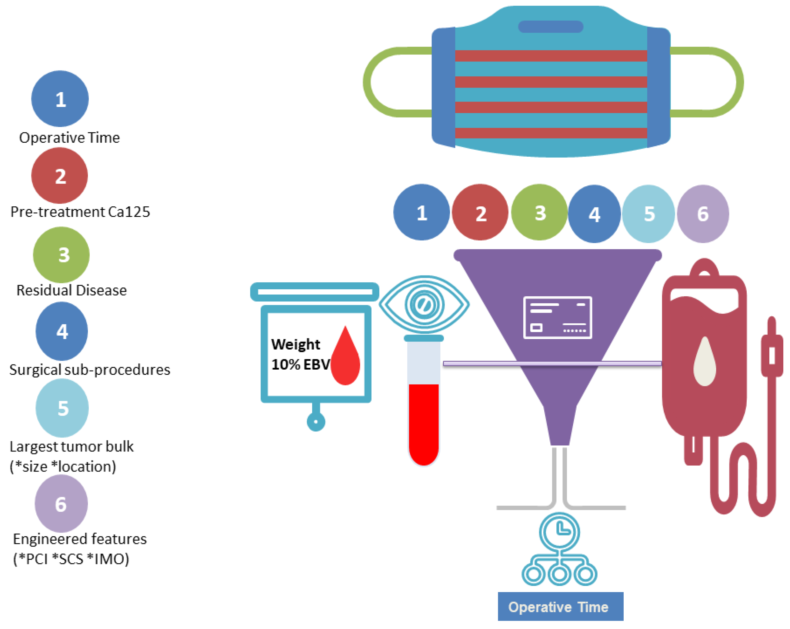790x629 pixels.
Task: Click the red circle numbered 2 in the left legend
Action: (60, 175)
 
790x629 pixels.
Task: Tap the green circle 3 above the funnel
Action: (539, 212)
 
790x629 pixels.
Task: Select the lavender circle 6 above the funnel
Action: (703, 214)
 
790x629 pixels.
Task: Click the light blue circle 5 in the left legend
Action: (62, 408)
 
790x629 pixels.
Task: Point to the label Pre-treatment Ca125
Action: (80, 212)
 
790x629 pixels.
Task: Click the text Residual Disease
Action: (72, 290)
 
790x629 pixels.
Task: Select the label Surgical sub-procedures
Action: (90, 370)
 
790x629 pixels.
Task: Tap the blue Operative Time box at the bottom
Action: (560, 607)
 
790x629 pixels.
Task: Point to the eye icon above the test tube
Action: (424, 305)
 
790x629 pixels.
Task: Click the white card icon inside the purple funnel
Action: (557, 317)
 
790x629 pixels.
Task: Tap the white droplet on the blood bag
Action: (704, 363)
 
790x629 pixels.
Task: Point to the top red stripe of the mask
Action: (551, 56)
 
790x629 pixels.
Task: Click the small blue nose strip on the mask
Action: (550, 26)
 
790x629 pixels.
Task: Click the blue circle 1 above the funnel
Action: (422, 212)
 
